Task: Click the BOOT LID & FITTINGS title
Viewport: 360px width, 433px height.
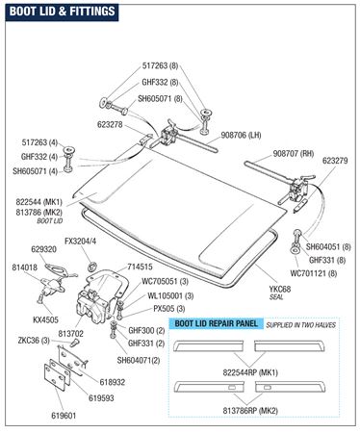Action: point(62,12)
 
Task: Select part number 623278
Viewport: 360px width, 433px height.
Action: point(110,124)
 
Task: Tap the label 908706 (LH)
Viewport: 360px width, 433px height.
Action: point(241,136)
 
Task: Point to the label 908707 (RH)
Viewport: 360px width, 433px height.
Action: point(294,154)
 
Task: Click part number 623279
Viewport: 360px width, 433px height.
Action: point(335,161)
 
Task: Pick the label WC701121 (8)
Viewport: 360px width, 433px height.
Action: point(314,273)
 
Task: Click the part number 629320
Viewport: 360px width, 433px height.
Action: point(43,249)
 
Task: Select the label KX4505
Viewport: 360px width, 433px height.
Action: point(45,319)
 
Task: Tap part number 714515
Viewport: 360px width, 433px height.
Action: point(141,267)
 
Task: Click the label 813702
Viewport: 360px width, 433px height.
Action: point(71,334)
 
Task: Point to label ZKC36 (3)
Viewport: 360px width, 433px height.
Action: point(34,341)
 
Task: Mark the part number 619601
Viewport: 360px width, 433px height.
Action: point(64,416)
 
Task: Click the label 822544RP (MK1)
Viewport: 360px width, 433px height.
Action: point(250,372)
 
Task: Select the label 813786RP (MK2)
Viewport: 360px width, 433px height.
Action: point(250,411)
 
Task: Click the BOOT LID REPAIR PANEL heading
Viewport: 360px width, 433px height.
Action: point(216,323)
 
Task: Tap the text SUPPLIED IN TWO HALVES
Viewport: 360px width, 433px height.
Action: point(300,325)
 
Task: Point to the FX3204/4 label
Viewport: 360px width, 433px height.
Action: point(80,242)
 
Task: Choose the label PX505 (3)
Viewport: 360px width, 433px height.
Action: point(169,309)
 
